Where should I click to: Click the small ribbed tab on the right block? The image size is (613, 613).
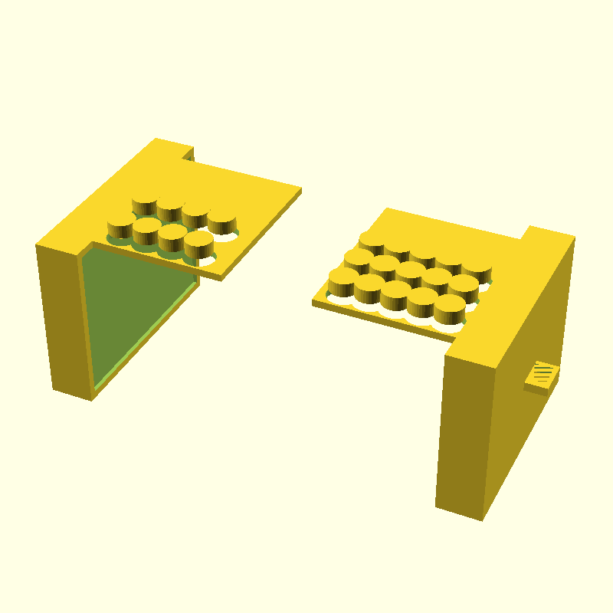click(543, 374)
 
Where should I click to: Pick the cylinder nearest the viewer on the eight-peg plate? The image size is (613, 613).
click(198, 243)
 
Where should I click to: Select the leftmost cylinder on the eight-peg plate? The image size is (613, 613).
click(120, 225)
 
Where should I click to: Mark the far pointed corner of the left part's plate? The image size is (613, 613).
click(300, 188)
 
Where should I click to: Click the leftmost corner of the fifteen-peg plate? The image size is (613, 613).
click(313, 302)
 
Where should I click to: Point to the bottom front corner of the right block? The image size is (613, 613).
click(482, 520)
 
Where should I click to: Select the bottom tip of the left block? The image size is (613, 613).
click(92, 399)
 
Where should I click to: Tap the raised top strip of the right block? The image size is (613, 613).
click(549, 234)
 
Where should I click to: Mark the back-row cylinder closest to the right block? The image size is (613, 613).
click(477, 267)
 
